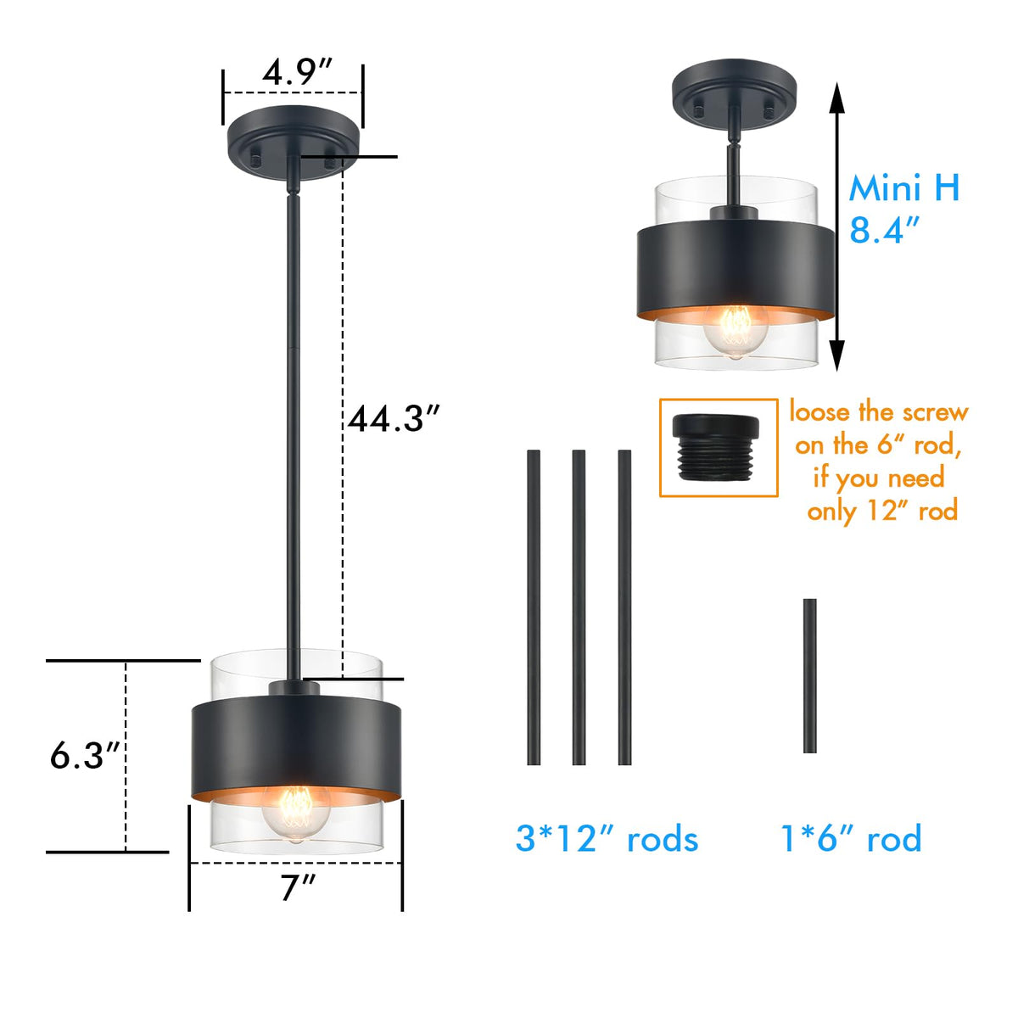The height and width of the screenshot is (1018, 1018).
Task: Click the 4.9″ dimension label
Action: pyautogui.click(x=297, y=72)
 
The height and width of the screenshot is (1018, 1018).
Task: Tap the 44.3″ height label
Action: pyautogui.click(x=394, y=419)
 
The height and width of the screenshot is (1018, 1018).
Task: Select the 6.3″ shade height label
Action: pyautogui.click(x=84, y=756)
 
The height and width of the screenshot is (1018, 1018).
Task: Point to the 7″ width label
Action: pyautogui.click(x=298, y=887)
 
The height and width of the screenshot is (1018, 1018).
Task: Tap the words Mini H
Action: pyautogui.click(x=903, y=188)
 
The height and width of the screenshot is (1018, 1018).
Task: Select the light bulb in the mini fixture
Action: pyautogui.click(x=736, y=332)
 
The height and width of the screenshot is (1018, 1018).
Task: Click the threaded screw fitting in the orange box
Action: pyautogui.click(x=716, y=447)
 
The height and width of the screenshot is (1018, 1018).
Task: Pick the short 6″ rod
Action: pyautogui.click(x=810, y=675)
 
